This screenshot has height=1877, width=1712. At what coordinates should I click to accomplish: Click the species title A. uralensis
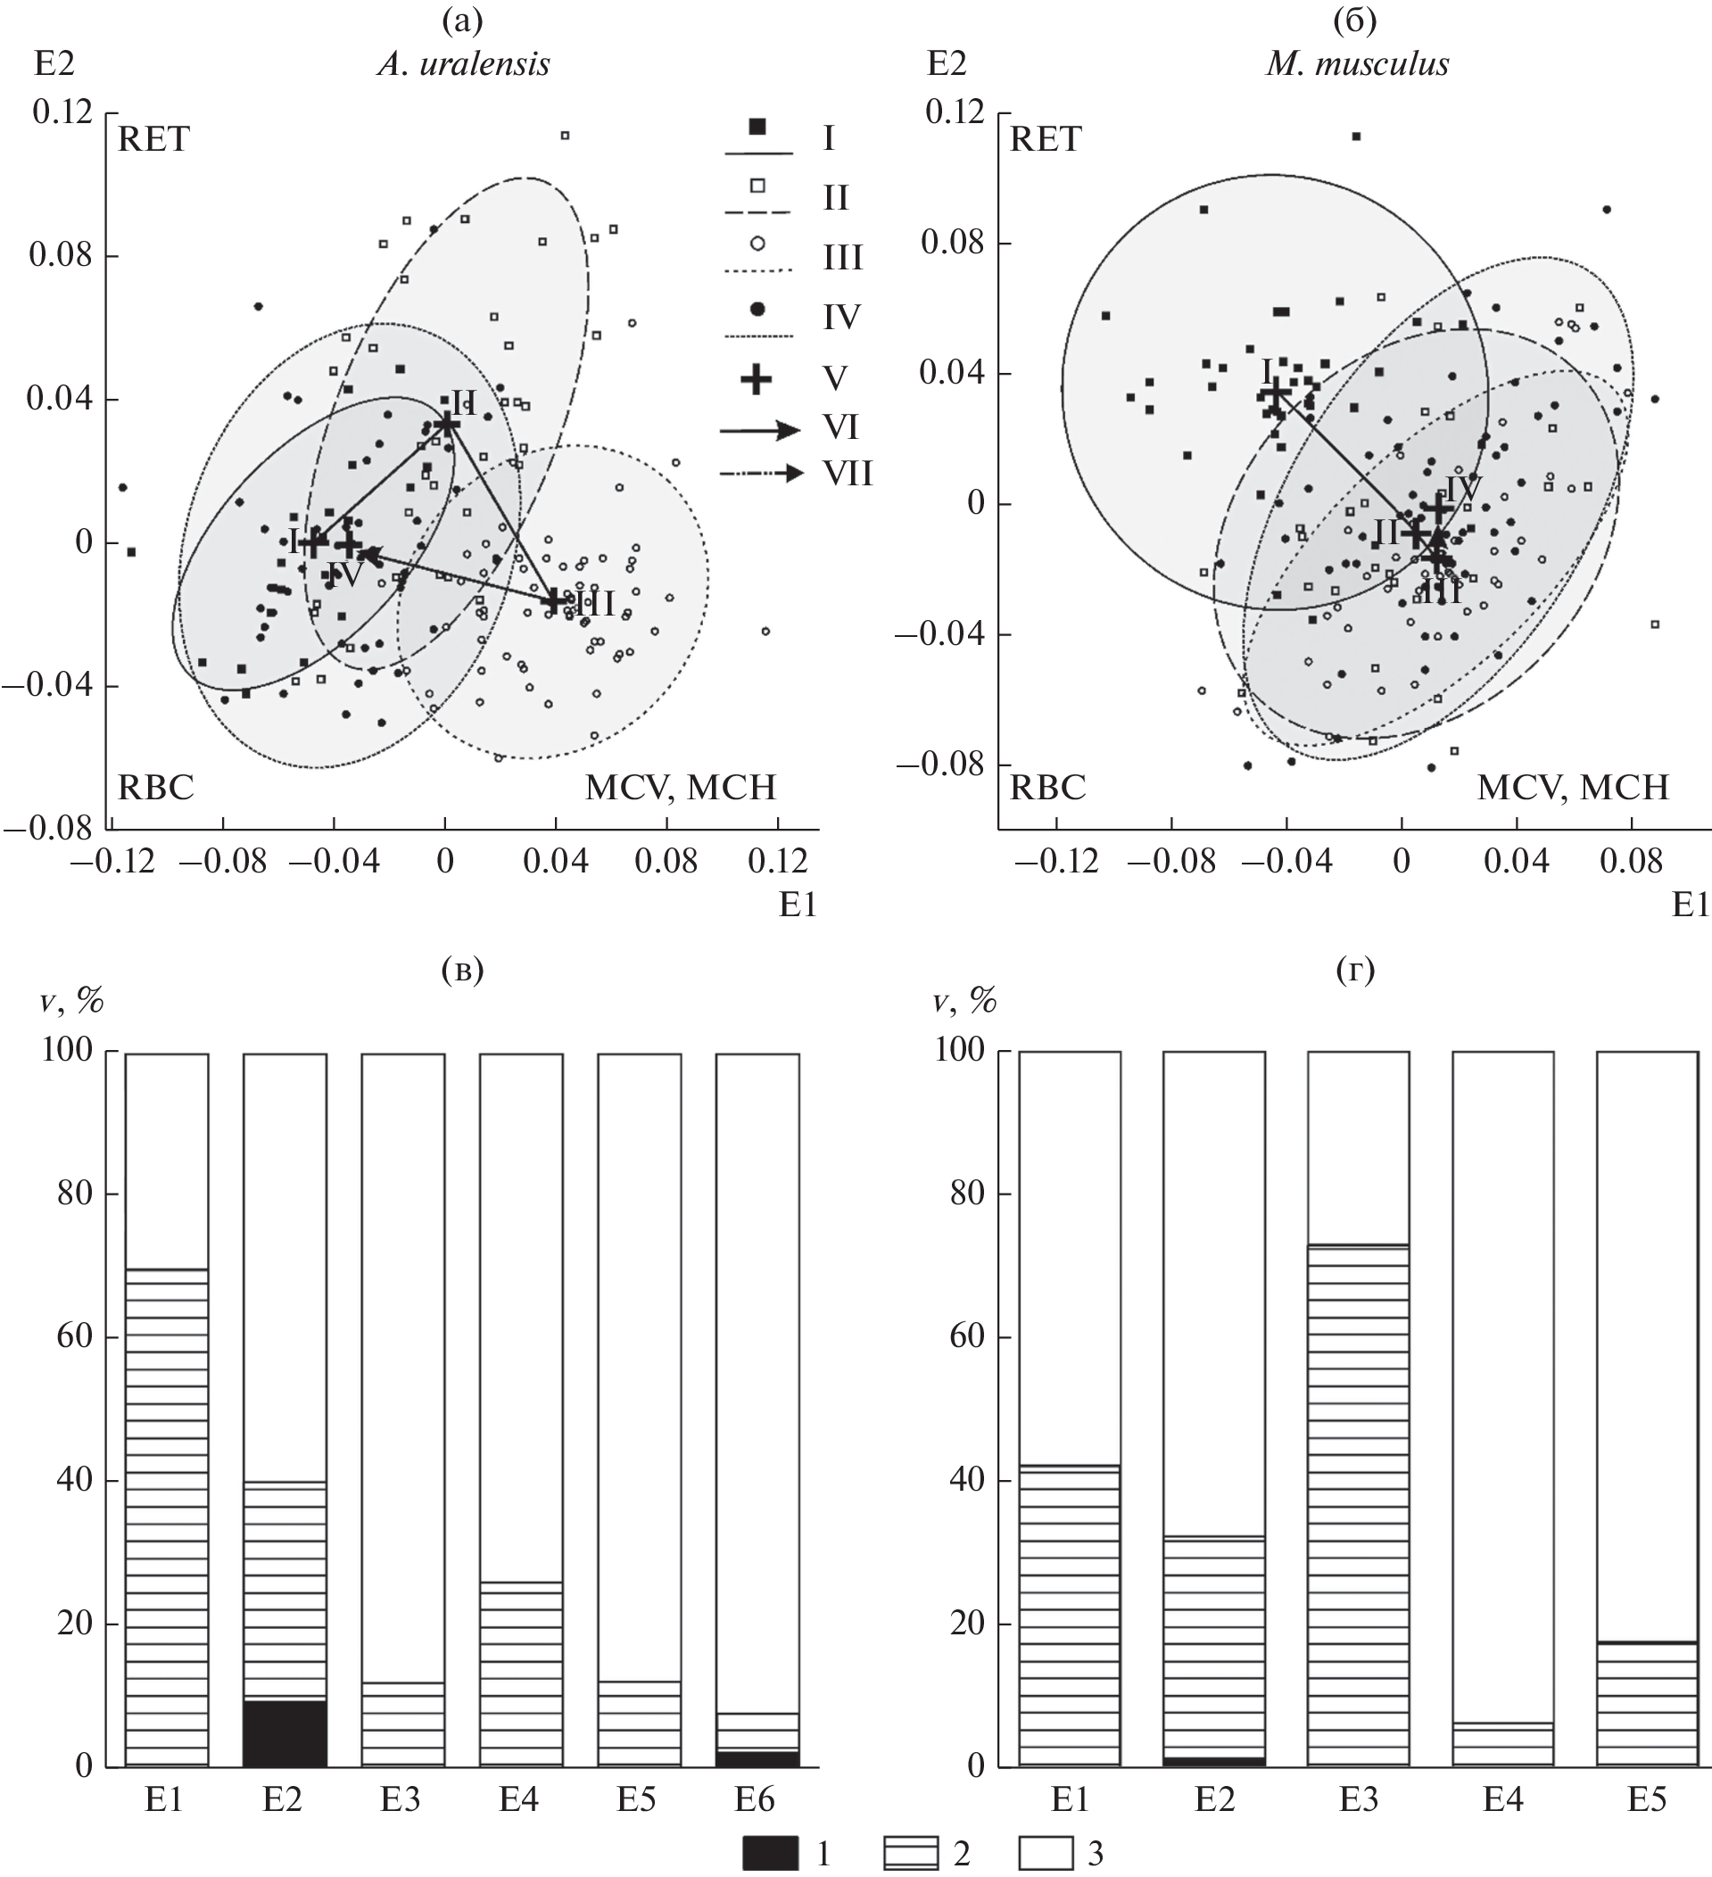pyautogui.click(x=463, y=64)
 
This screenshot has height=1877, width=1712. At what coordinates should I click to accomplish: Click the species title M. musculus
pyautogui.click(x=1356, y=64)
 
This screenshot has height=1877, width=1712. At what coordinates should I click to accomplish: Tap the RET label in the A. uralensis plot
pyautogui.click(x=153, y=140)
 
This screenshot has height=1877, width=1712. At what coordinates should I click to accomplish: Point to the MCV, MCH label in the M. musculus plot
pyautogui.click(x=1572, y=788)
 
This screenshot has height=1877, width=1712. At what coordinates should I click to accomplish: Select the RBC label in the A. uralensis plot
pyautogui.click(x=155, y=788)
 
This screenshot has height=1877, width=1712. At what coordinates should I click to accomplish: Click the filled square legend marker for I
pyautogui.click(x=757, y=127)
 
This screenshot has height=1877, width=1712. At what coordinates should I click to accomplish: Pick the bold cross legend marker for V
pyautogui.click(x=757, y=379)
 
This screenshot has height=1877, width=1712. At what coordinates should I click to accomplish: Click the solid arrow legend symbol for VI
pyautogui.click(x=758, y=429)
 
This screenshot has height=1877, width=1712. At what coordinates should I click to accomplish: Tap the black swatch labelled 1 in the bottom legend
pyautogui.click(x=770, y=1853)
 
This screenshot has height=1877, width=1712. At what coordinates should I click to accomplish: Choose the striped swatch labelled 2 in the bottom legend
pyautogui.click(x=910, y=1853)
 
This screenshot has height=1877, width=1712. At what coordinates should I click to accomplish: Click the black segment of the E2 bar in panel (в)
pyautogui.click(x=285, y=1733)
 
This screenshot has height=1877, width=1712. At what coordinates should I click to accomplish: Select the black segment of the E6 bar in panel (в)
pyautogui.click(x=757, y=1758)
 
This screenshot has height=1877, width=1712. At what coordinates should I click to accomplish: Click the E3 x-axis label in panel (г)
pyautogui.click(x=1357, y=1799)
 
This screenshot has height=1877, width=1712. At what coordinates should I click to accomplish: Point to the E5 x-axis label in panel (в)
pyautogui.click(x=639, y=1799)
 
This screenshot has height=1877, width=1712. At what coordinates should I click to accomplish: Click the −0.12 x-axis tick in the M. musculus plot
pyautogui.click(x=1054, y=861)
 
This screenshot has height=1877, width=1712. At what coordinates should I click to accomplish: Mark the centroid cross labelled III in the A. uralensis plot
pyautogui.click(x=556, y=600)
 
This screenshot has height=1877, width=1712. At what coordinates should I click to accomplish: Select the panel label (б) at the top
pyautogui.click(x=1354, y=21)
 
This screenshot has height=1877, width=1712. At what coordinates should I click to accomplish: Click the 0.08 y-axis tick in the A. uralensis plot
pyautogui.click(x=62, y=255)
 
